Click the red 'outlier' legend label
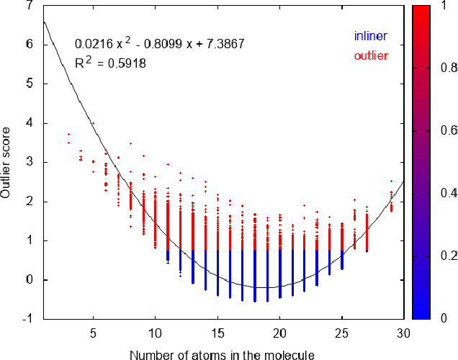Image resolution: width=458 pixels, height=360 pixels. click(371, 55)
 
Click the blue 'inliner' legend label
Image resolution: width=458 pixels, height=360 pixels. click(371, 36)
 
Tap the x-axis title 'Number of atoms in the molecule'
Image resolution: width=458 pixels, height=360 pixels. click(222, 354)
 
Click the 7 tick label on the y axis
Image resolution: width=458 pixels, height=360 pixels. click(30, 6)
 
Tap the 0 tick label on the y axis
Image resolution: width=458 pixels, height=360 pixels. click(30, 280)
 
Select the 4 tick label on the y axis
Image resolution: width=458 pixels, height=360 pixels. click(30, 123)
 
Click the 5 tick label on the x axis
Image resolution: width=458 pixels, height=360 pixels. click(93, 333)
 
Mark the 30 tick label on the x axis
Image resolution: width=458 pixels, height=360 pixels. click(403, 333)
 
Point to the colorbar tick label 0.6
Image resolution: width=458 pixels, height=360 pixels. click(449, 130)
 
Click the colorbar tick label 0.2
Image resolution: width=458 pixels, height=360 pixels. click(449, 256)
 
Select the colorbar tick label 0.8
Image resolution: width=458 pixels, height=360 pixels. click(449, 68)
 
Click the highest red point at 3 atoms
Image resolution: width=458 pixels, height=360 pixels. click(68, 134)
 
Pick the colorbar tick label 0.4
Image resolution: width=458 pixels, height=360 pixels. click(449, 193)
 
